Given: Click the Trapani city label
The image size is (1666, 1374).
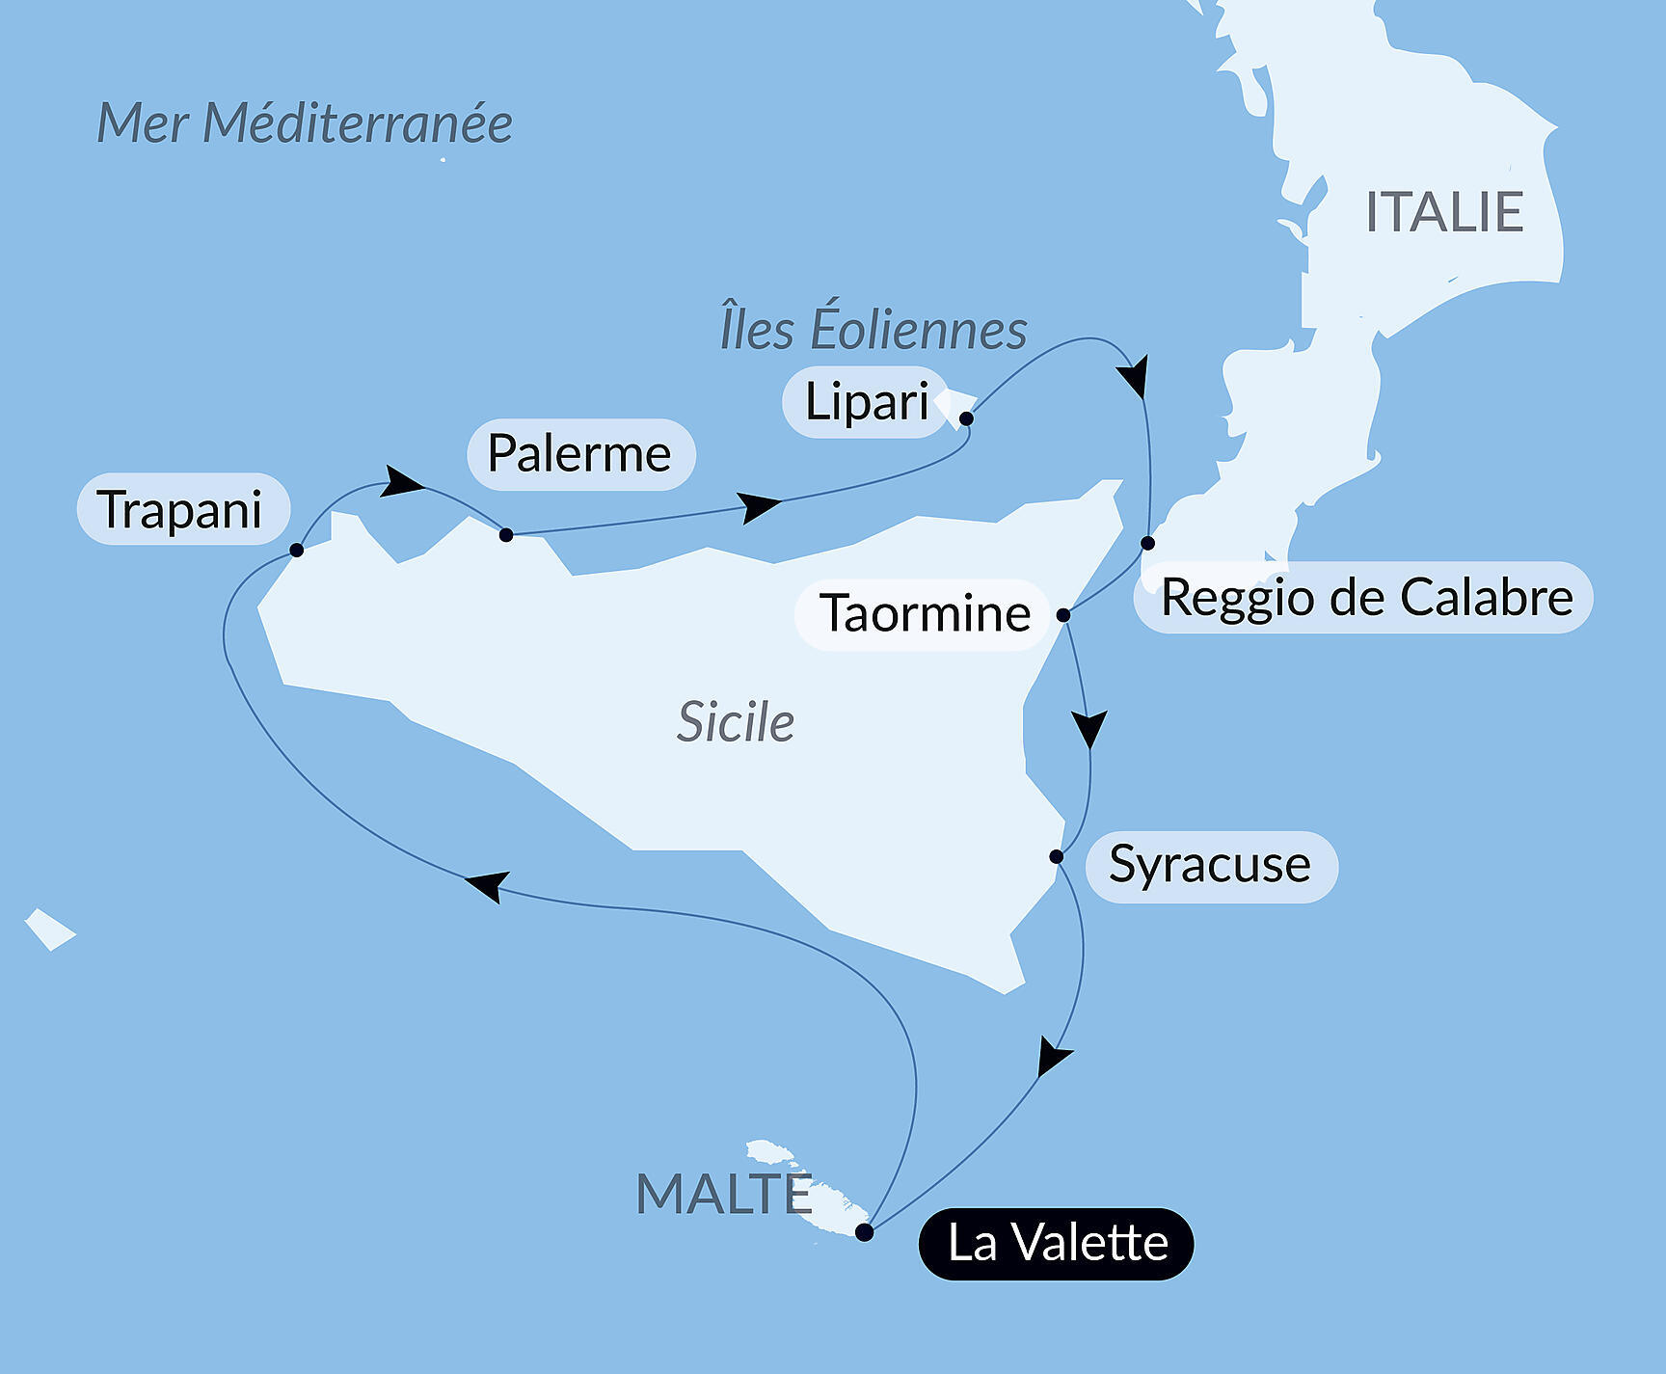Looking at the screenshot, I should coord(182,509).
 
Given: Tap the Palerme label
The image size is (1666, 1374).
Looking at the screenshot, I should coord(580,453).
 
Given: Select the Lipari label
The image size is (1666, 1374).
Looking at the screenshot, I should coord(866,401).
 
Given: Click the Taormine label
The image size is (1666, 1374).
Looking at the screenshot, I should coord(924,613).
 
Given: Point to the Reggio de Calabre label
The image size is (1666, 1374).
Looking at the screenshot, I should coord(1365,597).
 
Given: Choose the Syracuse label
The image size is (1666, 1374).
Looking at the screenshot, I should coord(1210,865).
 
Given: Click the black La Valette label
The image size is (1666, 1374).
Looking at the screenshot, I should coord(1057,1243).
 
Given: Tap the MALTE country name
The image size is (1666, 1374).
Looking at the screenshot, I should coord(724,1194).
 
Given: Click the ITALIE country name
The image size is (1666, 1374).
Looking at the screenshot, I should coord(1443,212).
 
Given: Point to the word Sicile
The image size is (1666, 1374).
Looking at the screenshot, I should coord(736,721).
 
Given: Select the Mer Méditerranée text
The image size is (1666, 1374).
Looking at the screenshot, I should coord(305,123).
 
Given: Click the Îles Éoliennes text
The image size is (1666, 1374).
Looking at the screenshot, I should coord(873,329).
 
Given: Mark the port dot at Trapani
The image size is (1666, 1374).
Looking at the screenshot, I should coord(297,550).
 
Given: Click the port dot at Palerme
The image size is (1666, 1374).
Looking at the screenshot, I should coord(506,534).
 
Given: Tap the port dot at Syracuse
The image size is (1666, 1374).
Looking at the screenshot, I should coord(1057,856).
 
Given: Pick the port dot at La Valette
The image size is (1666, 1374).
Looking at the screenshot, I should coord(865,1232).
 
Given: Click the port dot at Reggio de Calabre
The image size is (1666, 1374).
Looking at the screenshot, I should coord(1147,543).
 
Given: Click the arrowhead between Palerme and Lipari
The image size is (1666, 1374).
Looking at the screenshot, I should coord(761,506).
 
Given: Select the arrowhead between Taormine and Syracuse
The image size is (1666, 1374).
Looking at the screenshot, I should coord(1089,728).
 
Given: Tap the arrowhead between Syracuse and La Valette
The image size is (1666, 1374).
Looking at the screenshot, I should coord(1052,1057).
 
